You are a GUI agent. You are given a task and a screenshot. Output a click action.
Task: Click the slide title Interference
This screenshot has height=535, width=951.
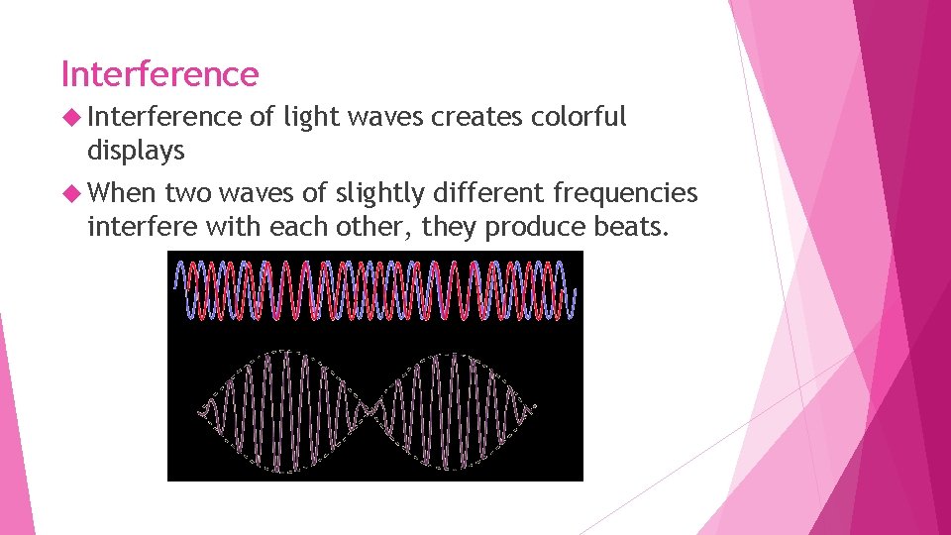[x=159, y=74]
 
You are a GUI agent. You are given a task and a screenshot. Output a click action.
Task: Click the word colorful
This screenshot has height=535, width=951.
[x=580, y=117]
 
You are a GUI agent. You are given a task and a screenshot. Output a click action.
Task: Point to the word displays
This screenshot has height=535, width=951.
[x=136, y=151]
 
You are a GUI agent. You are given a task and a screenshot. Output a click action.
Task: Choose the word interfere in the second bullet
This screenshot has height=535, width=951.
[x=143, y=227]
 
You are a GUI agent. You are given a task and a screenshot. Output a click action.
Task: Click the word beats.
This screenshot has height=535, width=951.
[x=634, y=227]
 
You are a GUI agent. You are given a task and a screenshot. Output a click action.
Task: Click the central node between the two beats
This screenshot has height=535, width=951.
[x=370, y=407]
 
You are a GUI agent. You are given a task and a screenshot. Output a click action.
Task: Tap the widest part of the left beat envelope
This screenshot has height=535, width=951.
[x=287, y=407]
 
